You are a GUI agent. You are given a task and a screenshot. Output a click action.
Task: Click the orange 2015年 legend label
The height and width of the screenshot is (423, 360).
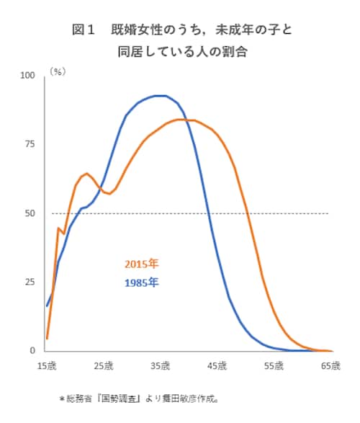click(140, 264)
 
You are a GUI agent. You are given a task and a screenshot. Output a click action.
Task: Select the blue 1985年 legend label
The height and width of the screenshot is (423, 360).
click(140, 282)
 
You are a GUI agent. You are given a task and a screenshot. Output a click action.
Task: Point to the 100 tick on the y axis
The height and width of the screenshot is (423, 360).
click(27, 76)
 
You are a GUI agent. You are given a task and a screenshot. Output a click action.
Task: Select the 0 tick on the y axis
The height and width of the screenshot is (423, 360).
click(32, 351)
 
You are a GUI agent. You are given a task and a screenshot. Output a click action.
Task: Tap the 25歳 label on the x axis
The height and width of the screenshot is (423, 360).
click(103, 366)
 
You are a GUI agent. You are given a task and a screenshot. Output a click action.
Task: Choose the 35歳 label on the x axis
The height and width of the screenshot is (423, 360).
click(160, 366)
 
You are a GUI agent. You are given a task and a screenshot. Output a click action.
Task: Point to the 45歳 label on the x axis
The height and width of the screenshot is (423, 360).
click(217, 366)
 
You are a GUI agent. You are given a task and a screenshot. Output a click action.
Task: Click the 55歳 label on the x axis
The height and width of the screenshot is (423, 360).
click(274, 366)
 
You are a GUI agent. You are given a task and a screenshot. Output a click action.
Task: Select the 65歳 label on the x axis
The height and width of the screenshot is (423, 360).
click(330, 366)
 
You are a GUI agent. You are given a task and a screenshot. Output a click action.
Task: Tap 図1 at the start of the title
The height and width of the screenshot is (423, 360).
click(84, 30)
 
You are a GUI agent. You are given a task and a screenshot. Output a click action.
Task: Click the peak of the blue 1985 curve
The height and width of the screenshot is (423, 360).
click(160, 95)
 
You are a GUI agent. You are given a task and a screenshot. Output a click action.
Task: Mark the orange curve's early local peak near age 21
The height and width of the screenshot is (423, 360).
click(86, 173)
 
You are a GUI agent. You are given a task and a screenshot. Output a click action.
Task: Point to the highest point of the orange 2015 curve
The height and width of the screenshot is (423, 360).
click(179, 119)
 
